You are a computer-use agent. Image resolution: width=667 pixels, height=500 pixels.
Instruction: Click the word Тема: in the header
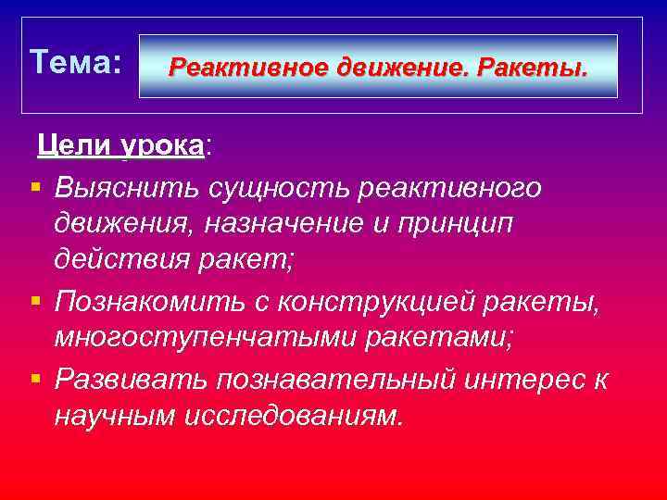[x=75, y=63]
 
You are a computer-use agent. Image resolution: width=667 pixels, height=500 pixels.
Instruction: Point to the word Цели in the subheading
[x=74, y=145]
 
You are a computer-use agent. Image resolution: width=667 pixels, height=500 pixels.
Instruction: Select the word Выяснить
[x=117, y=188]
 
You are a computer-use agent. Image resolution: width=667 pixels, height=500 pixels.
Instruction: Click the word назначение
[x=287, y=225]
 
